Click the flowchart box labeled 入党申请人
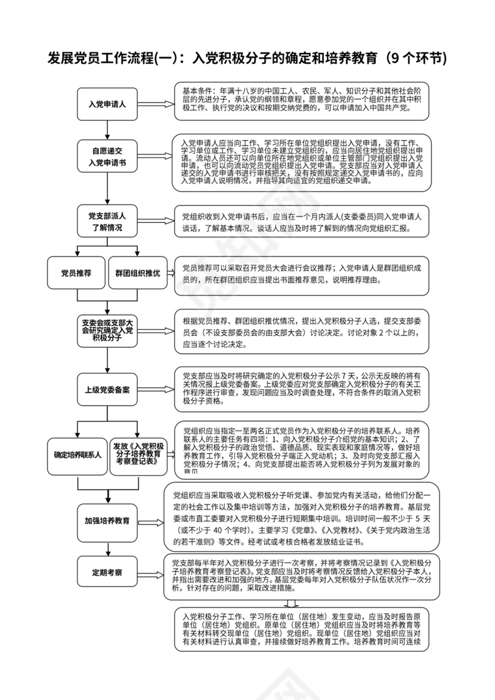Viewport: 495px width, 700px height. [107, 104]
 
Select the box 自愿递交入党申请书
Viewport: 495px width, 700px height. [107, 156]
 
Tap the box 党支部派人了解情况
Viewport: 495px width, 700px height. [107, 221]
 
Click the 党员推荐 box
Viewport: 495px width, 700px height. [76, 273]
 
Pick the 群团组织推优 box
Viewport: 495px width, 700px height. [137, 273]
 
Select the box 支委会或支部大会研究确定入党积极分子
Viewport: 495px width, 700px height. [107, 330]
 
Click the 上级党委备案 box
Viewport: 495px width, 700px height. [107, 390]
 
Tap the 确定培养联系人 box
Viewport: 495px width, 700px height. [78, 454]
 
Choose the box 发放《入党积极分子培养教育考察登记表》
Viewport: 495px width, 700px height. [138, 454]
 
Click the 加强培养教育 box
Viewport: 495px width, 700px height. [107, 519]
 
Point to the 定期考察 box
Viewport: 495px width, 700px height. [107, 573]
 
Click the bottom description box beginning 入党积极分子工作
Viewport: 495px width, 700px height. [302, 629]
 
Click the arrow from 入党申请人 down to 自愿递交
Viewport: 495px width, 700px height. [107, 129]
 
